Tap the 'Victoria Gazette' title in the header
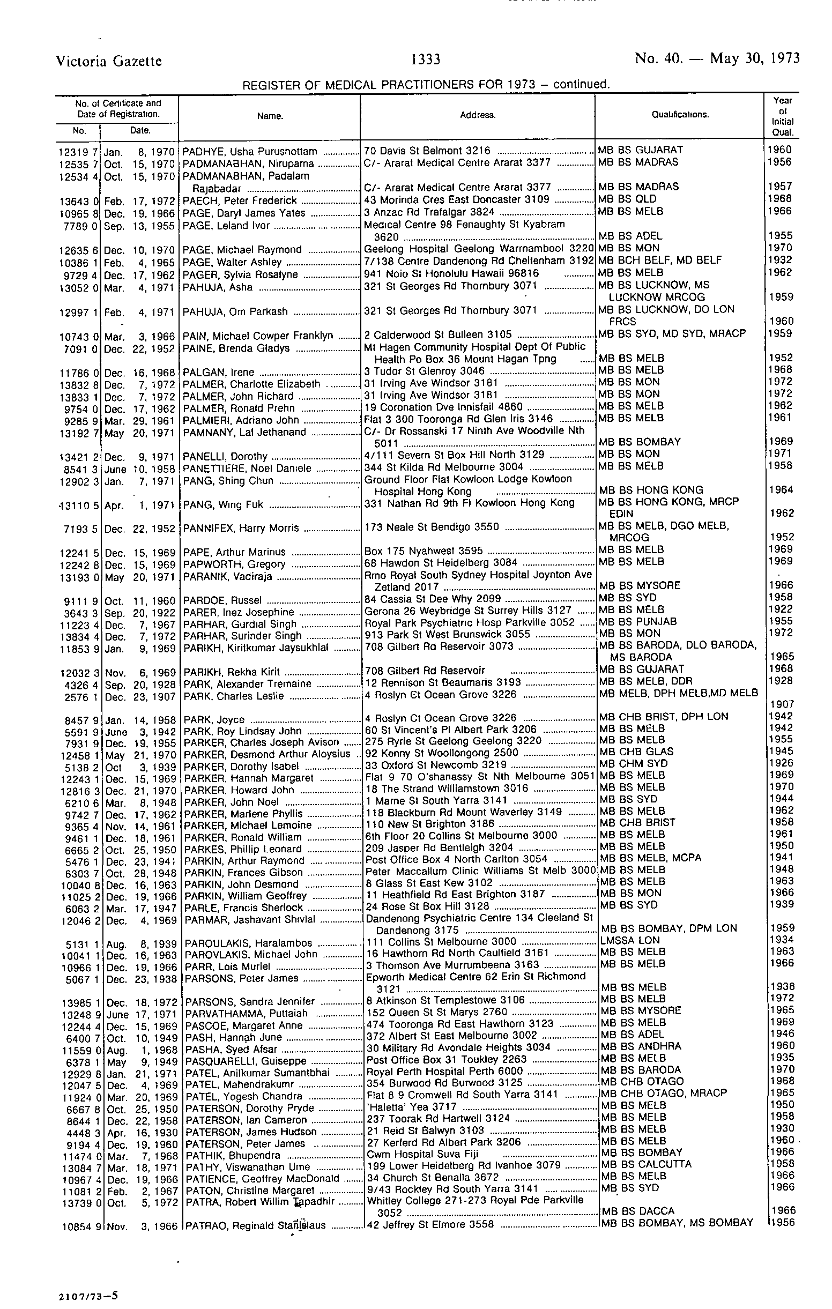[x=109, y=61]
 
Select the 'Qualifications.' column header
[x=680, y=115]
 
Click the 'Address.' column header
[x=478, y=115]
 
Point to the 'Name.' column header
[x=270, y=116]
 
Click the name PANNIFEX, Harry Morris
[x=241, y=528]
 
